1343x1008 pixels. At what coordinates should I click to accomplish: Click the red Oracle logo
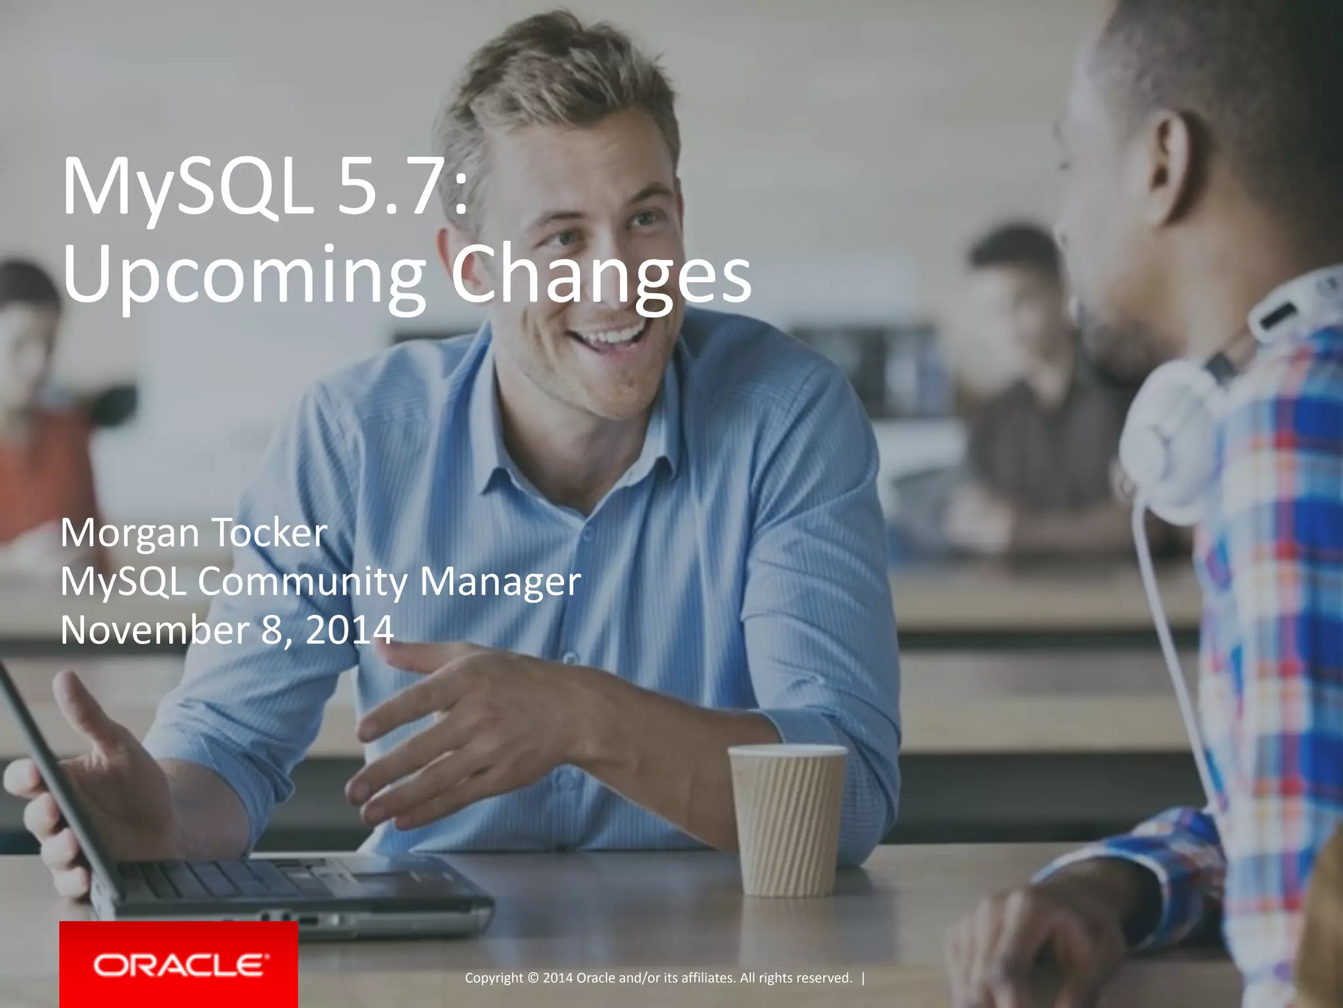tap(178, 965)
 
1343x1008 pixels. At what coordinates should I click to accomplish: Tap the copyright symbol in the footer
tap(532, 978)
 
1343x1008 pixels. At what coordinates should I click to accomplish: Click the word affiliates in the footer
tap(708, 978)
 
